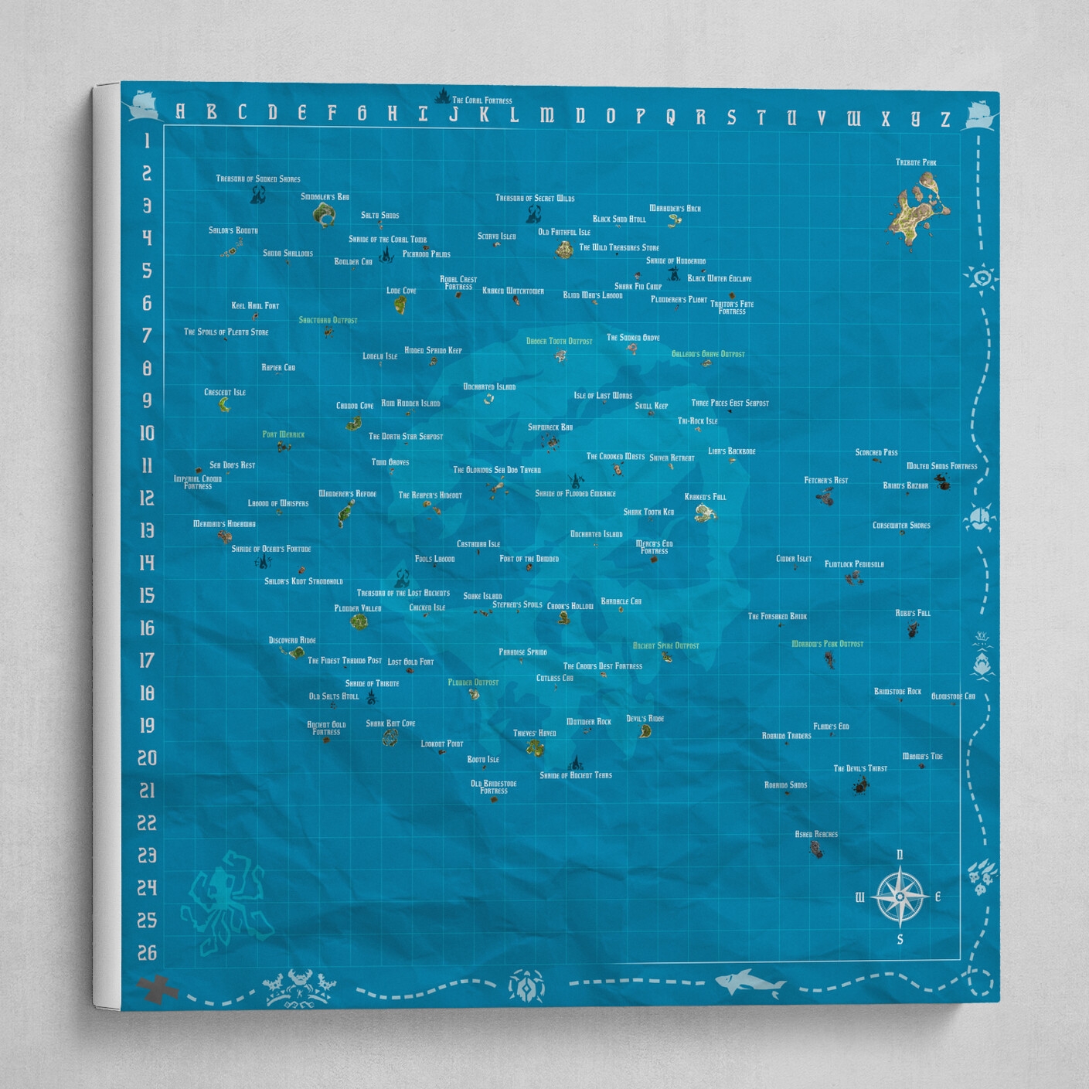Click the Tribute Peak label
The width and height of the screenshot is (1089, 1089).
[916, 162]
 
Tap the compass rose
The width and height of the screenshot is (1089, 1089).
[900, 897]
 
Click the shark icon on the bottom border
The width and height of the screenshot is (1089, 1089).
[750, 983]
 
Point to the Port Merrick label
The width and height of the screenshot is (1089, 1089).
[284, 434]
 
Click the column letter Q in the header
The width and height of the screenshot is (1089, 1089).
[670, 117]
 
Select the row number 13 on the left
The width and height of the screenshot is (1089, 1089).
[146, 530]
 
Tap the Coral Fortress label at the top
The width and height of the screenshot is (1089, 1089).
[482, 100]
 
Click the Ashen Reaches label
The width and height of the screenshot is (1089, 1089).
[816, 834]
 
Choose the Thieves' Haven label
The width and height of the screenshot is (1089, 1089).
[535, 733]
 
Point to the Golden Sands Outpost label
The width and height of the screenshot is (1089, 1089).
[708, 354]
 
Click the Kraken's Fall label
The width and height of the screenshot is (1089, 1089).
[706, 497]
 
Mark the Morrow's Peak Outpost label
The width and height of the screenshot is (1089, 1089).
[827, 644]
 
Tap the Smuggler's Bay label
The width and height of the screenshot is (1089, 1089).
[325, 197]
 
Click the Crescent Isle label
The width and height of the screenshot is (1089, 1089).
[225, 393]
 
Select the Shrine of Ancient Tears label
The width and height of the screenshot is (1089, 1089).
[576, 775]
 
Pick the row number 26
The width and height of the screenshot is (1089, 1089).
[147, 953]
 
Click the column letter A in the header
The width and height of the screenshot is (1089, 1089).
[180, 112]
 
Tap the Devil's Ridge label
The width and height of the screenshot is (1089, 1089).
[645, 719]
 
